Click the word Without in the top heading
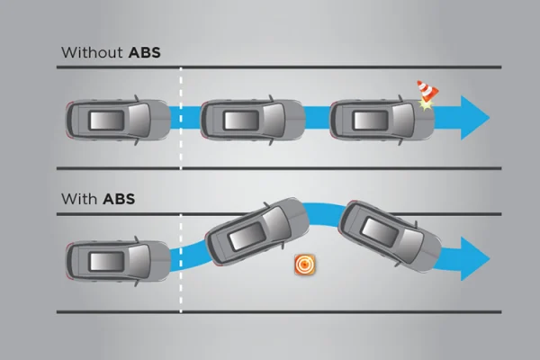pos(92,53)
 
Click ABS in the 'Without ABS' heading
pos(145,53)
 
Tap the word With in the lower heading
pos(79,199)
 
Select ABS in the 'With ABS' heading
pos(119,199)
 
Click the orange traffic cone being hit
pos(427,90)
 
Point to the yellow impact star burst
pos(426,104)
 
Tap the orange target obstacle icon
pos(305,265)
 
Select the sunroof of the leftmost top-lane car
pos(106,121)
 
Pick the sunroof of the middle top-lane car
pos(241,121)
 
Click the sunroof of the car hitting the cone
pos(371,121)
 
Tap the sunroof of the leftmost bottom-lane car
pos(106,261)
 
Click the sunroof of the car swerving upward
pos(247,237)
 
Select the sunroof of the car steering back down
pos(379,232)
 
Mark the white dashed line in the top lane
pos(181,118)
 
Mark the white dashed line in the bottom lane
pos(181,263)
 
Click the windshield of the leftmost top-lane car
pos(139,121)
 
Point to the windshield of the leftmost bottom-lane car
pos(139,261)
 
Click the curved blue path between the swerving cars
pos(324,214)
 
